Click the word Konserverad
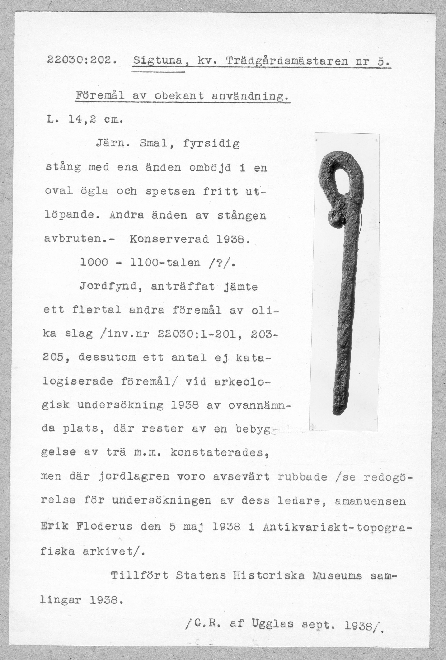[x=169, y=239]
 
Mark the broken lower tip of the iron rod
[x=337, y=410]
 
